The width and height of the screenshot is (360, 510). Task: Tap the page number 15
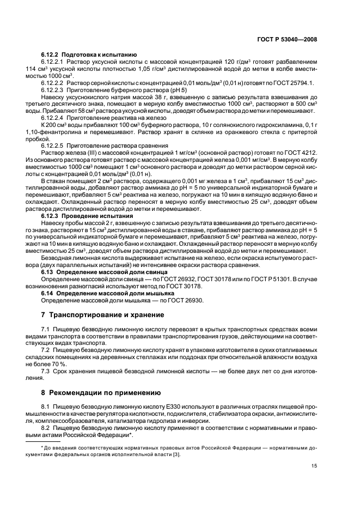click(314, 465)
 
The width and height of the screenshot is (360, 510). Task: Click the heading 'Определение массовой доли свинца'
click(112, 271)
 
